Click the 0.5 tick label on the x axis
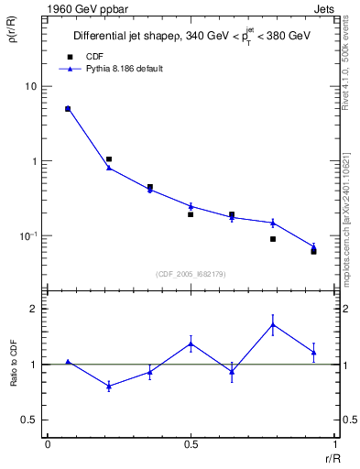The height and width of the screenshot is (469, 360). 191,445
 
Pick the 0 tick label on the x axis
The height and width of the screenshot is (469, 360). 48,445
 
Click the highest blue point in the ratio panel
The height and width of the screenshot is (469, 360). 273,324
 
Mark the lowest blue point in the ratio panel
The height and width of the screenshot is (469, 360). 109,387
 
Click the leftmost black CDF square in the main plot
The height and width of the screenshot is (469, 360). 68,109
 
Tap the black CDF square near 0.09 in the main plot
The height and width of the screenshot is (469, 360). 273,239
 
